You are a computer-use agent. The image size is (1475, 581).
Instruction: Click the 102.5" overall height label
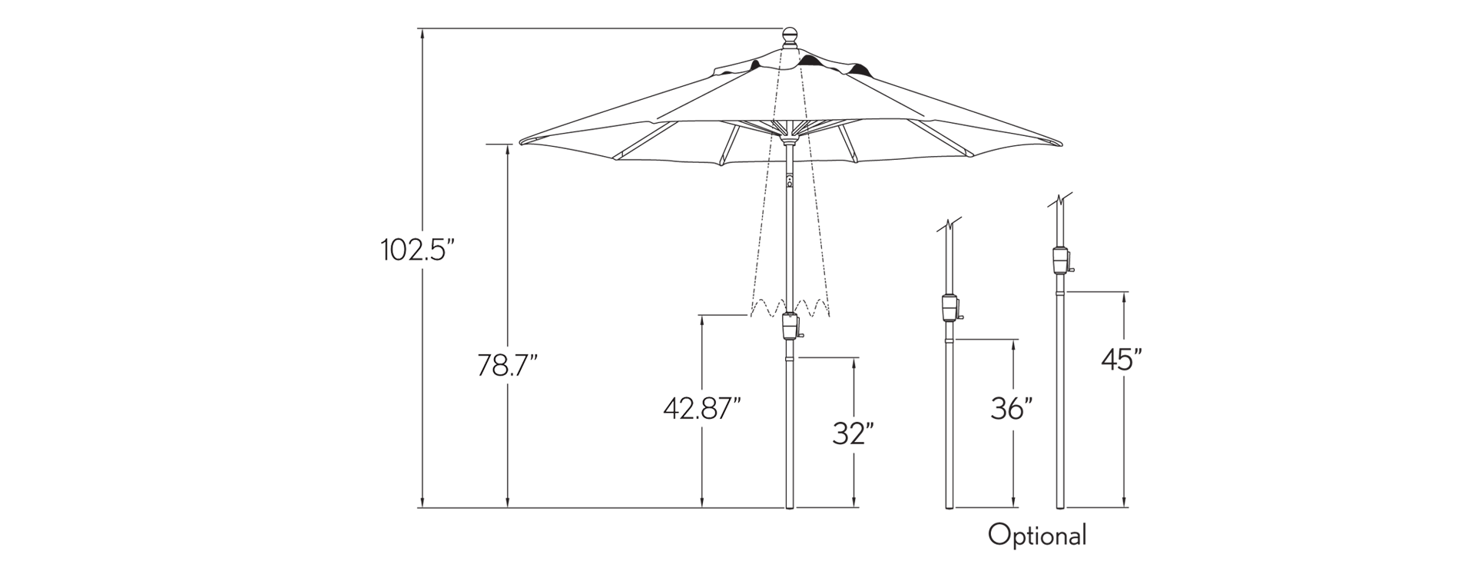tap(419, 250)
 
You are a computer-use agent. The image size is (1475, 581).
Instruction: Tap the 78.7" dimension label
tap(507, 365)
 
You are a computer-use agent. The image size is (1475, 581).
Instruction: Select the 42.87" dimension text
tap(702, 409)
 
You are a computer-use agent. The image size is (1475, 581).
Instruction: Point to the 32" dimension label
tap(854, 434)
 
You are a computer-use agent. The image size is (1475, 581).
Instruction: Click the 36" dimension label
tap(1011, 409)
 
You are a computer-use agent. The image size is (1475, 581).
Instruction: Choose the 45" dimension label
tap(1122, 359)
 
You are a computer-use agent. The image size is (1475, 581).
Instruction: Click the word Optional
tap(1037, 536)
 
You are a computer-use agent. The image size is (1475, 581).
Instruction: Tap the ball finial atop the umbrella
tap(791, 37)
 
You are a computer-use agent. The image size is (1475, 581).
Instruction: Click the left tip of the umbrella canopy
tap(520, 143)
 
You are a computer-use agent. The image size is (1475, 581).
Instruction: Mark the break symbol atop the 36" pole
tap(950, 226)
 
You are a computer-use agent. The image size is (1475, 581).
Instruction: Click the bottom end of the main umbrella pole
tap(791, 507)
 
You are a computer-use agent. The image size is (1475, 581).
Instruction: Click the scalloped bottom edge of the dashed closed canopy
tap(791, 307)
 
